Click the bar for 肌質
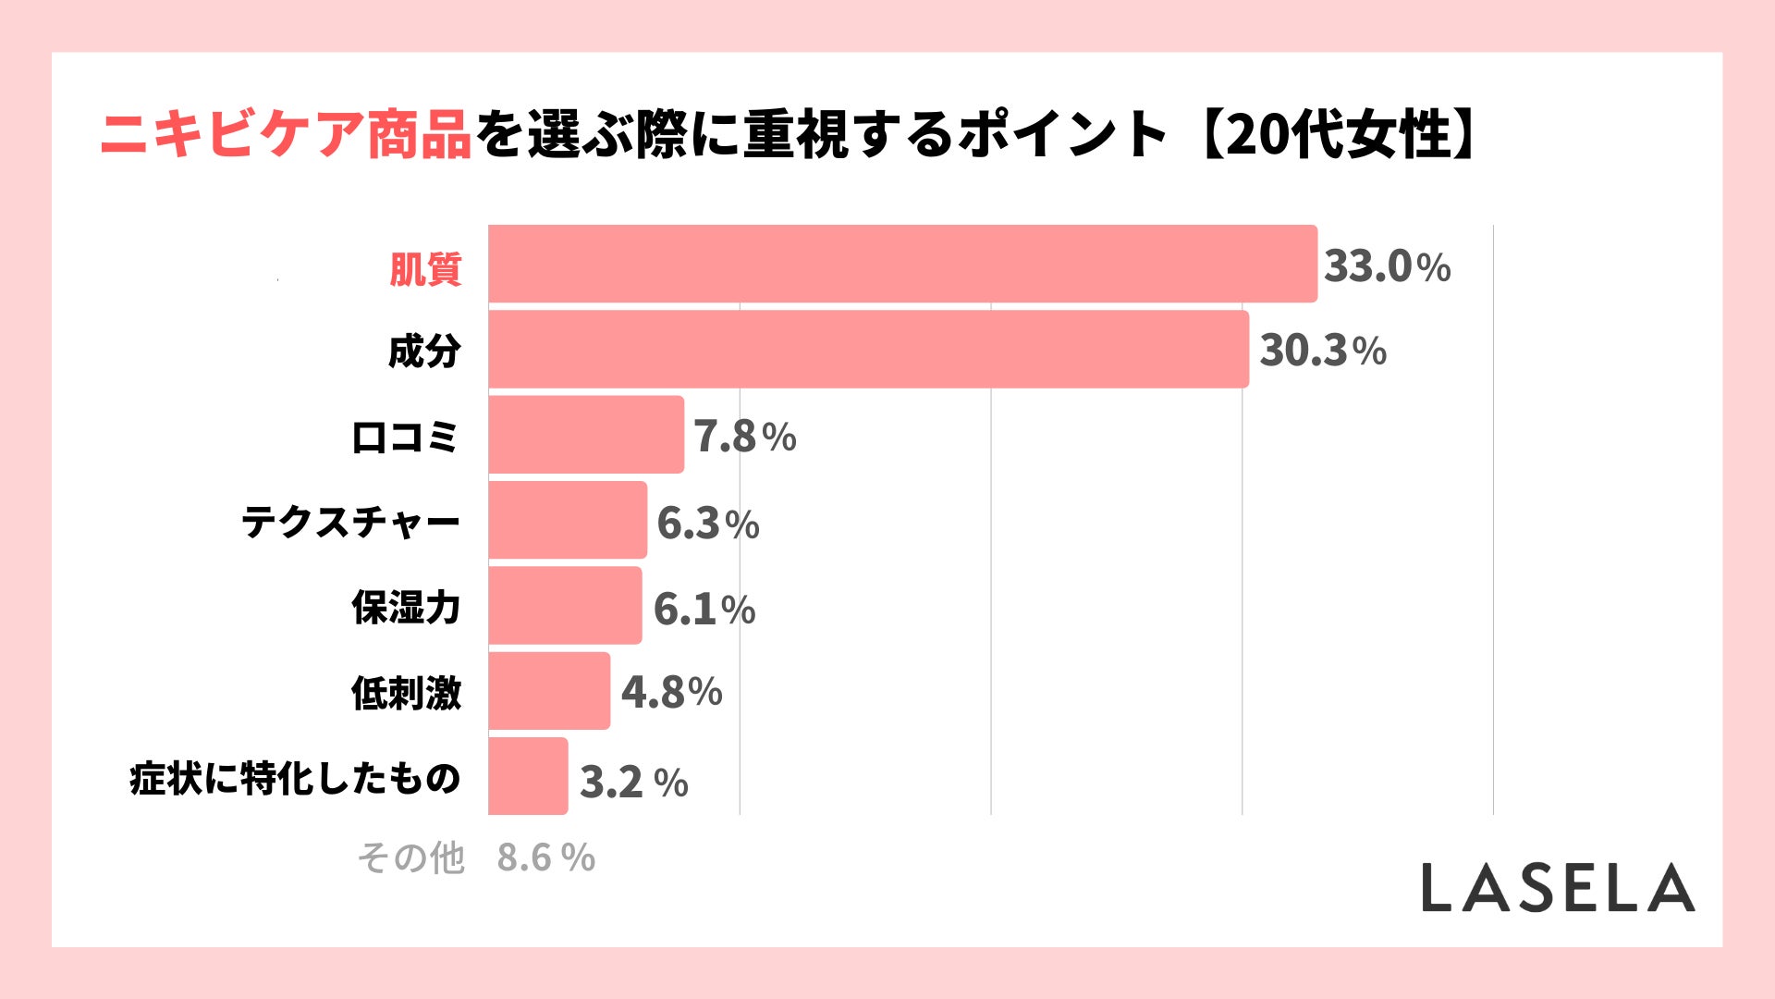(902, 264)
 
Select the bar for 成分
(868, 349)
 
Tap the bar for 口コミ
(586, 435)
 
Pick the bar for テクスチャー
(568, 520)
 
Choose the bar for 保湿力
(565, 605)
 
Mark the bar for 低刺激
(549, 691)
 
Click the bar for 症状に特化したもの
(528, 776)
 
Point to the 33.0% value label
(1387, 266)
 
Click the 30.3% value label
(1323, 351)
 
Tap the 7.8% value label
(745, 437)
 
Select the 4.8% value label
(671, 692)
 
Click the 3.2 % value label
(633, 783)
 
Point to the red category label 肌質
(424, 269)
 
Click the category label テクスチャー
(350, 523)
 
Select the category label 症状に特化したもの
(295, 779)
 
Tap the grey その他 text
(410, 857)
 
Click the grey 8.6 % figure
(545, 857)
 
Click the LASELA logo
(1558, 888)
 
